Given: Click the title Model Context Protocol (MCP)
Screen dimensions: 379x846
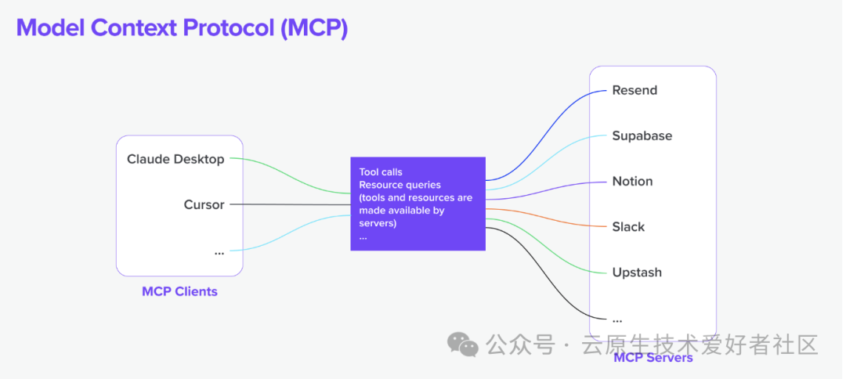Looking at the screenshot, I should click(182, 27).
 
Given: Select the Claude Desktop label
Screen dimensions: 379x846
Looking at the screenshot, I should click(175, 159).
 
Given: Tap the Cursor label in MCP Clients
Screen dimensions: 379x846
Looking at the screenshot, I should click(204, 204).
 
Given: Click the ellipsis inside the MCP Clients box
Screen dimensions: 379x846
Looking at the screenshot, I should click(219, 251).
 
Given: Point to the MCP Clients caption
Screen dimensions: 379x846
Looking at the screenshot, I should click(179, 291).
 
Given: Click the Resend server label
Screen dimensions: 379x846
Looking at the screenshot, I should click(634, 90).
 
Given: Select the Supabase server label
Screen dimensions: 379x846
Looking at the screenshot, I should click(642, 135).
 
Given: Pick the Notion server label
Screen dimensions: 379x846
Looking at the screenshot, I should click(632, 181).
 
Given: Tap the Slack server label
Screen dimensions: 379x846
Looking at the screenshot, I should click(628, 226).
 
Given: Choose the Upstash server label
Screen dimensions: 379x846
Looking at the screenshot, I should click(637, 272).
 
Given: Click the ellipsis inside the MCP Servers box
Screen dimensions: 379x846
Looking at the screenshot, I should click(616, 319).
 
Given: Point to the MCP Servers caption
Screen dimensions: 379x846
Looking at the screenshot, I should click(653, 358).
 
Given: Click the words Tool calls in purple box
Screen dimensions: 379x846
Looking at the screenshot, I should click(381, 171).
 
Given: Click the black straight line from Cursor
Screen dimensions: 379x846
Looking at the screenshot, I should click(290, 204).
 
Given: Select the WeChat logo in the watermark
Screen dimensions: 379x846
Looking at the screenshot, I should click(462, 345).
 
